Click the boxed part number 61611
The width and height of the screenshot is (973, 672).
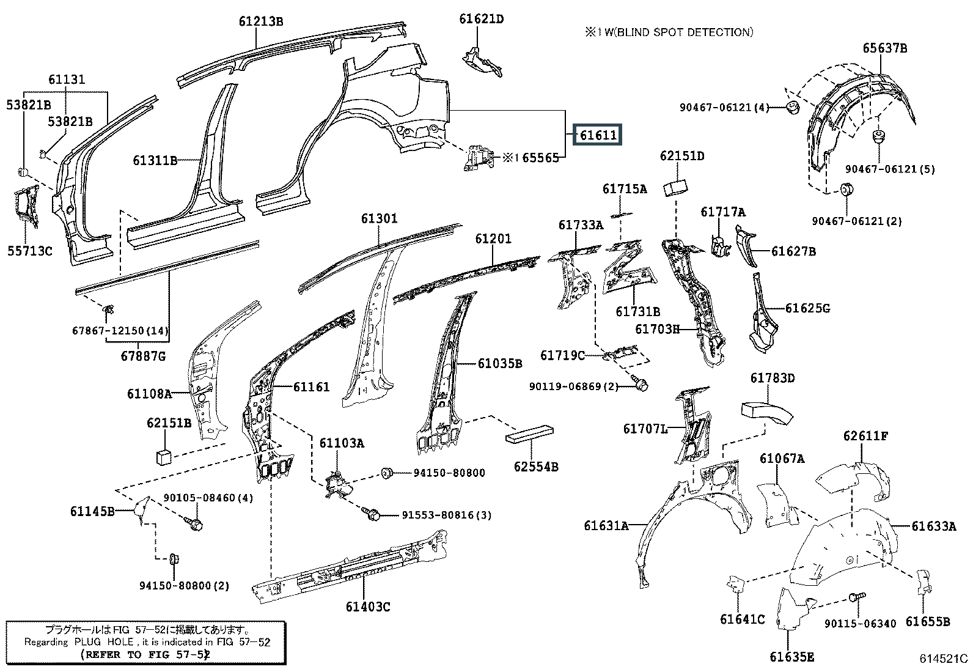click(598, 135)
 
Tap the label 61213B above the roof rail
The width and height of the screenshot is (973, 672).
click(261, 21)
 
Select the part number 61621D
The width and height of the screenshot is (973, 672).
click(481, 19)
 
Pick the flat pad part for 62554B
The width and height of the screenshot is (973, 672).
click(529, 434)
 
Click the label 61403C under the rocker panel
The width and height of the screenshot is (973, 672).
click(368, 607)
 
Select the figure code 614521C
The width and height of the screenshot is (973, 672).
click(943, 659)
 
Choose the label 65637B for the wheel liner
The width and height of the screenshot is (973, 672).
click(885, 48)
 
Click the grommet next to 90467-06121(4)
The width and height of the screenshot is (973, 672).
click(793, 108)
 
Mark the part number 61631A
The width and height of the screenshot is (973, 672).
click(606, 526)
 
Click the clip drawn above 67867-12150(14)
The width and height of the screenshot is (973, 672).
click(108, 309)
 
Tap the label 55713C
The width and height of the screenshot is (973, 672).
click(29, 251)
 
